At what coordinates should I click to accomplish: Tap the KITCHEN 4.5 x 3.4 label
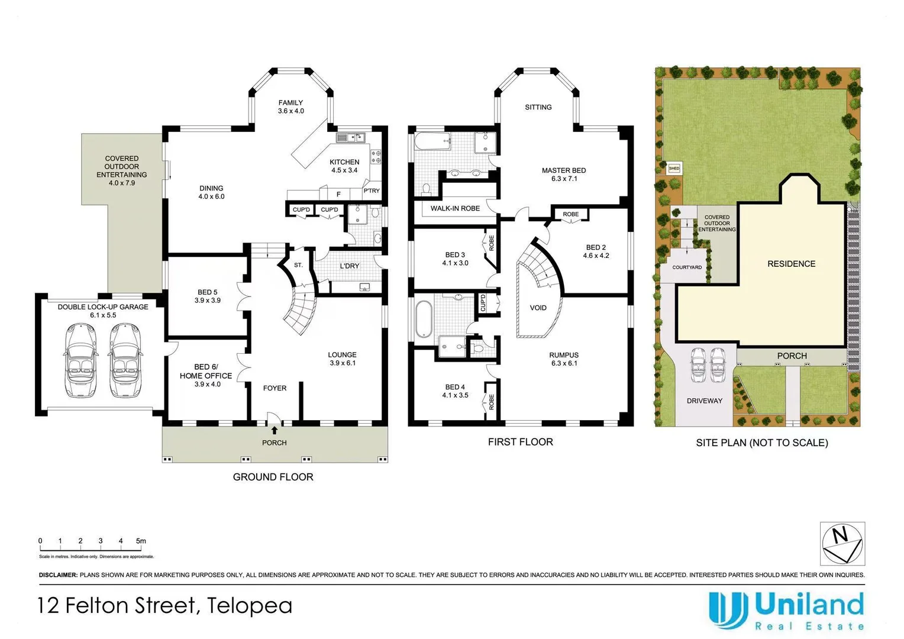(x=344, y=166)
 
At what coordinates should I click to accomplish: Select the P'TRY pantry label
(x=372, y=191)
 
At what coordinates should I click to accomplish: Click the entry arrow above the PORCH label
(x=275, y=430)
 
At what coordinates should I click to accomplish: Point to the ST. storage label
(x=298, y=265)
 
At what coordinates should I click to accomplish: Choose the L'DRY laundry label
(x=350, y=266)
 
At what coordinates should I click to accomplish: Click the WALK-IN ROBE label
(x=455, y=208)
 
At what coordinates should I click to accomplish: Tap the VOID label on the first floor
(x=538, y=308)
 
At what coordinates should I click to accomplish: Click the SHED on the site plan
(x=674, y=168)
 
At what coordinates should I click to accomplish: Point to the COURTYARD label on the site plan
(x=687, y=267)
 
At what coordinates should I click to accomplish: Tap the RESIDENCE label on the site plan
(x=792, y=264)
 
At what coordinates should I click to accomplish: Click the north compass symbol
(x=842, y=543)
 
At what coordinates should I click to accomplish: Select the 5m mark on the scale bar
(x=141, y=541)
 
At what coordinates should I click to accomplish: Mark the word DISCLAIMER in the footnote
(x=58, y=575)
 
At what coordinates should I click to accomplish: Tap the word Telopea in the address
(x=250, y=605)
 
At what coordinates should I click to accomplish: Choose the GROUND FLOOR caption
(x=273, y=477)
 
